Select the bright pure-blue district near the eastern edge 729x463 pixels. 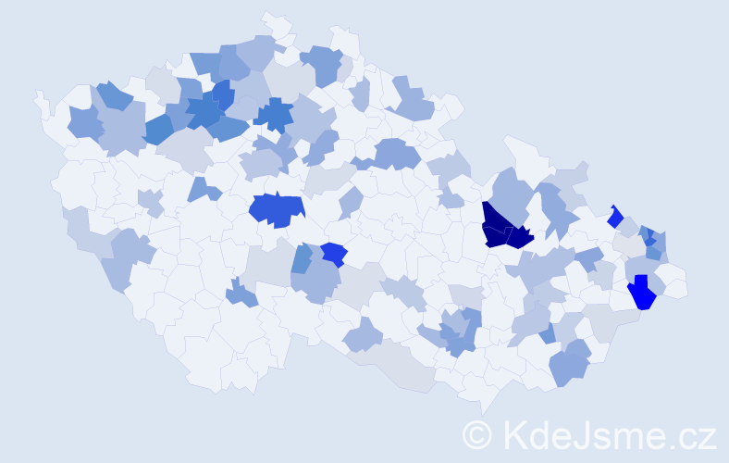[641, 292]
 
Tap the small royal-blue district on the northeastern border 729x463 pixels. [615, 218]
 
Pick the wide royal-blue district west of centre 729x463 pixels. [277, 210]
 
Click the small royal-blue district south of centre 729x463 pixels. [334, 254]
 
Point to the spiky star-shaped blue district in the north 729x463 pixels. [274, 115]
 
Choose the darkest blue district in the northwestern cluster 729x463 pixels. [222, 94]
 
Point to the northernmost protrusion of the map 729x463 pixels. [271, 18]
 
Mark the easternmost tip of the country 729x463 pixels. [686, 288]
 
